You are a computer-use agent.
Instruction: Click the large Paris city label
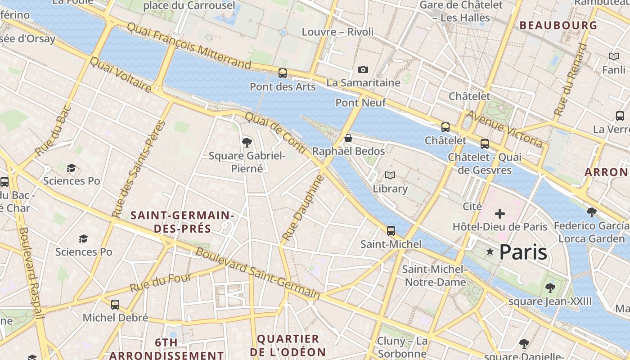(523, 252)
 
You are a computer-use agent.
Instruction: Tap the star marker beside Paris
(490, 252)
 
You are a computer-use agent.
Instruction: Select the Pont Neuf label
(360, 103)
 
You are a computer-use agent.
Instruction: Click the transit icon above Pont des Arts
(283, 73)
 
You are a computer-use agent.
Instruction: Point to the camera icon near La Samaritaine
(363, 69)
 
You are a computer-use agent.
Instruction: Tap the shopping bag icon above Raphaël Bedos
(348, 138)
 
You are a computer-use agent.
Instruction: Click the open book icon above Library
(390, 175)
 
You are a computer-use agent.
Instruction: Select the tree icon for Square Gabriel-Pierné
(247, 143)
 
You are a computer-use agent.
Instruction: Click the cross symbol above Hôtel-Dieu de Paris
(500, 214)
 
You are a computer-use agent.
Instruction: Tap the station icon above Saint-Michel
(391, 231)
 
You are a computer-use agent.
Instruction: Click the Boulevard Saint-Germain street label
(258, 273)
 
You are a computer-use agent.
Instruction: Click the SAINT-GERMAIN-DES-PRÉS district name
(182, 222)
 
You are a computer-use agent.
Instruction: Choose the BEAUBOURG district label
(558, 26)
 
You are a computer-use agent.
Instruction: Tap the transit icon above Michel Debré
(115, 305)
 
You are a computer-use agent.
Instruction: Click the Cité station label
(472, 206)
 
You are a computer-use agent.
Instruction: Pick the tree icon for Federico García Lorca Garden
(592, 212)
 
